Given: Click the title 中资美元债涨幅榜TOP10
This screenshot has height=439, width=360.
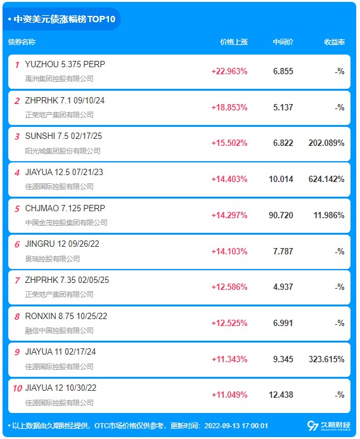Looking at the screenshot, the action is pyautogui.click(x=65, y=19).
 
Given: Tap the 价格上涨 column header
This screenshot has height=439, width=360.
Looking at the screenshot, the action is pyautogui.click(x=234, y=42).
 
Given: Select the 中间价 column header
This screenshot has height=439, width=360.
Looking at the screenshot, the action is pyautogui.click(x=283, y=42).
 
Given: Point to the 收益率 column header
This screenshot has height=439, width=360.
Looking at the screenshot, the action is pyautogui.click(x=334, y=42).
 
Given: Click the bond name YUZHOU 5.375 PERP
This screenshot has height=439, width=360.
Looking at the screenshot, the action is pyautogui.click(x=65, y=65).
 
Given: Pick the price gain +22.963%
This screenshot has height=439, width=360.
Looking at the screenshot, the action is pyautogui.click(x=229, y=72).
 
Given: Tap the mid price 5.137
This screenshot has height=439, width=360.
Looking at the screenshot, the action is pyautogui.click(x=283, y=107).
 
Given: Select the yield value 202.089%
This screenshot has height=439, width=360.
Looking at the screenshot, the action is pyautogui.click(x=326, y=143).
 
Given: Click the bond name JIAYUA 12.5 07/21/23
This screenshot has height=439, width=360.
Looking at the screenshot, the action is pyautogui.click(x=64, y=172).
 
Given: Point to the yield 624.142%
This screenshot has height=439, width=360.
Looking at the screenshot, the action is pyautogui.click(x=326, y=179).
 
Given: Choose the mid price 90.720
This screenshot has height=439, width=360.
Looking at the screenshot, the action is pyautogui.click(x=281, y=215).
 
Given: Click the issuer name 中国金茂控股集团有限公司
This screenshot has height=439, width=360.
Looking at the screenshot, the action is pyautogui.click(x=67, y=223).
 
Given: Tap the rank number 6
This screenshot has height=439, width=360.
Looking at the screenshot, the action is pyautogui.click(x=17, y=244).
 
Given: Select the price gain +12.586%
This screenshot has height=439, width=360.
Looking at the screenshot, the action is pyautogui.click(x=229, y=287).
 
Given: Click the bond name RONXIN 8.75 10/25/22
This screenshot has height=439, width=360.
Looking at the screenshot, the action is pyautogui.click(x=66, y=317).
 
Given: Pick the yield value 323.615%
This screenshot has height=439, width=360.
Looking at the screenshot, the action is pyautogui.click(x=326, y=359).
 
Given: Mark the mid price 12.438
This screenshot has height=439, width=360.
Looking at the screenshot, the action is pyautogui.click(x=281, y=395).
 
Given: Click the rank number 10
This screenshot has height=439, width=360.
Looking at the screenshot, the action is pyautogui.click(x=17, y=388).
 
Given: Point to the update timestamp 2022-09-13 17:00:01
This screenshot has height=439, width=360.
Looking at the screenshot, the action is pyautogui.click(x=236, y=426).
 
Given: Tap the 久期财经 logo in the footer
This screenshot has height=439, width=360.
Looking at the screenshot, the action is pyautogui.click(x=329, y=426).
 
